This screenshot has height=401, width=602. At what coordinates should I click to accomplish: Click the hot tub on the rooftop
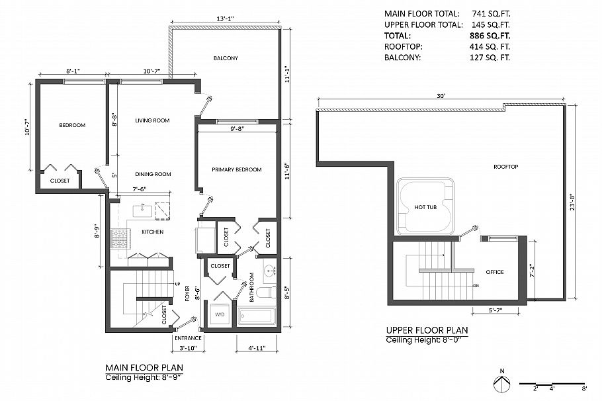(425, 206)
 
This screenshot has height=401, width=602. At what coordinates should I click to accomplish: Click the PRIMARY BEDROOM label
(236, 169)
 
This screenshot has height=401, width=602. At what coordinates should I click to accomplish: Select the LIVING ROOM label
(152, 120)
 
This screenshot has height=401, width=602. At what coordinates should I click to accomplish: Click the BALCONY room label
(225, 58)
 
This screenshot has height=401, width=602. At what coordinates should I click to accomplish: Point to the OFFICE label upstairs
(495, 272)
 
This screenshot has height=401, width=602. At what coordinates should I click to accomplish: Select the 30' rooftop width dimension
(441, 96)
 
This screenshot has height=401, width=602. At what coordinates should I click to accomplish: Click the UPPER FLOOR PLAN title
(427, 330)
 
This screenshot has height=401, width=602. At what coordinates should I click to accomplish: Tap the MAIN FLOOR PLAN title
(145, 367)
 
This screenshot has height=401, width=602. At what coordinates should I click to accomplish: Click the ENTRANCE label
(188, 337)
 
